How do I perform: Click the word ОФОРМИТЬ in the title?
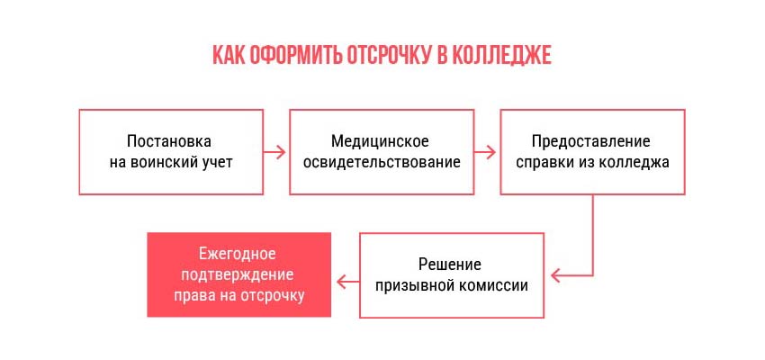click(296, 55)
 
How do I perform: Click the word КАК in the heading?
click(229, 55)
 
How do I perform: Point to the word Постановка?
click(169, 141)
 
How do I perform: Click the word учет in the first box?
click(217, 162)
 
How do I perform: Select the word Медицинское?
click(380, 141)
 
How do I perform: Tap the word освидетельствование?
click(382, 162)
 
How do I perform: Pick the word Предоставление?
click(591, 141)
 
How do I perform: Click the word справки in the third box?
click(544, 162)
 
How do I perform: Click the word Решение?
click(450, 265)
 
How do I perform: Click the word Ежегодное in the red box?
click(238, 254)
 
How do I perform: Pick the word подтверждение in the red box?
click(238, 274)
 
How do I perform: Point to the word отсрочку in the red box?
click(273, 295)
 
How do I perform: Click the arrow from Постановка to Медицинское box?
click(274, 152)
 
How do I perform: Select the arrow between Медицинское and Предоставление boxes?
click(485, 152)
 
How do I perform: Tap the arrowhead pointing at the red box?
click(341, 282)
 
